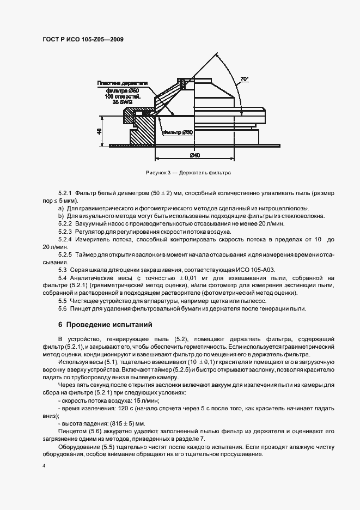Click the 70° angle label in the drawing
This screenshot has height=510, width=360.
coord(243,79)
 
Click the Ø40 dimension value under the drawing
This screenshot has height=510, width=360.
coord(194,155)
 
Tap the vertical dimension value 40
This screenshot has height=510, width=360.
coord(100,131)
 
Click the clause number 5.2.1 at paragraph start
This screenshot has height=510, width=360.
coord(65,193)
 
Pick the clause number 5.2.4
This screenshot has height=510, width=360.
coord(65,239)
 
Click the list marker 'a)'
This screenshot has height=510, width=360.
coord(60,209)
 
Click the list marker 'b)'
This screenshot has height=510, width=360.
coord(60,216)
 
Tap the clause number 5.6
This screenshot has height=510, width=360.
coord(62,308)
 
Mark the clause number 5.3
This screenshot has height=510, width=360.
coord(62,270)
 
